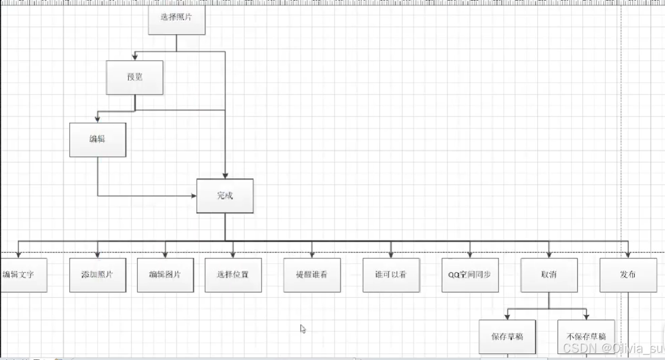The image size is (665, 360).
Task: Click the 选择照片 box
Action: pyautogui.click(x=176, y=17)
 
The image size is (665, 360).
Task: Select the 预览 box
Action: pyautogui.click(x=134, y=77)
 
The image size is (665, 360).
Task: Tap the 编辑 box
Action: pyautogui.click(x=97, y=140)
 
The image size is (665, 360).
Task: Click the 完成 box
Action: pyautogui.click(x=225, y=196)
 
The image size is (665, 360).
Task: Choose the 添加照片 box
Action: pyautogui.click(x=97, y=275)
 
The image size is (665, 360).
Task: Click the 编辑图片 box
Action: pyautogui.click(x=165, y=275)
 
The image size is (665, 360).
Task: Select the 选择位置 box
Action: pyautogui.click(x=233, y=275)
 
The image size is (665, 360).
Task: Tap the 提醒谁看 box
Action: pyautogui.click(x=312, y=275)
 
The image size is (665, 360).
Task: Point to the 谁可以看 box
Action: pyautogui.click(x=391, y=275)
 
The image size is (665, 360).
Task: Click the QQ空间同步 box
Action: pyautogui.click(x=470, y=275)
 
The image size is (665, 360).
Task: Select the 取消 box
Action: pyautogui.click(x=549, y=275)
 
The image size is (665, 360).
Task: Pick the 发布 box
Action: pyautogui.click(x=628, y=275)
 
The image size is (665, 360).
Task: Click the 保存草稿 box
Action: pyautogui.click(x=507, y=337)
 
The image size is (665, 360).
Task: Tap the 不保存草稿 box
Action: pyautogui.click(x=586, y=337)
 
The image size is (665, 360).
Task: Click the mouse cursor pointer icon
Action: pyautogui.click(x=303, y=329)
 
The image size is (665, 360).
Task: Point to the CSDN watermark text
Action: pyautogui.click(x=612, y=348)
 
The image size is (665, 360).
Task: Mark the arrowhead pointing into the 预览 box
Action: pyautogui.click(x=135, y=58)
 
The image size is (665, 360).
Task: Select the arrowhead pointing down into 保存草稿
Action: pyautogui.click(x=507, y=316)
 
